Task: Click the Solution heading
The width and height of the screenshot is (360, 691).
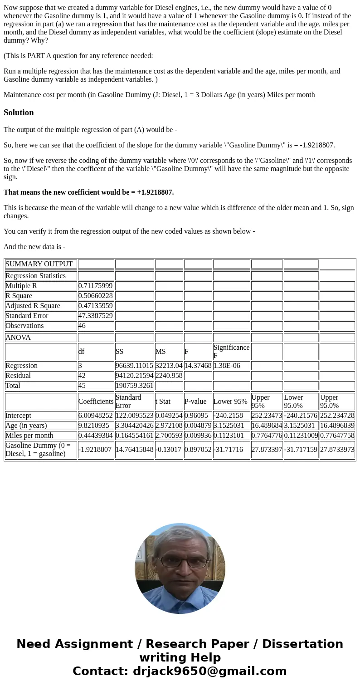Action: click(19, 113)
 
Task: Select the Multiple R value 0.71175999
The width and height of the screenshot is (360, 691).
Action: click(95, 286)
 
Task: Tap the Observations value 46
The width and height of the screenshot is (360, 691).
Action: click(82, 326)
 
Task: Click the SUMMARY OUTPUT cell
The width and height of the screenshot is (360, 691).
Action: click(39, 264)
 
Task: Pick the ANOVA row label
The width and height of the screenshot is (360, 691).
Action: click(18, 338)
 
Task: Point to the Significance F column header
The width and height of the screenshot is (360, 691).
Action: click(231, 352)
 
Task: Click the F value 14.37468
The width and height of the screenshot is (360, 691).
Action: click(198, 366)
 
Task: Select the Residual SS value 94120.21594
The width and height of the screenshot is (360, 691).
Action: click(134, 376)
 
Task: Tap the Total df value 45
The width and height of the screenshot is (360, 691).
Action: click(82, 386)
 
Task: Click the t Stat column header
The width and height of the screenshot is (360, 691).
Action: click(163, 402)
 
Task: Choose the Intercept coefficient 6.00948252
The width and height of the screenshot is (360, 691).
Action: click(95, 416)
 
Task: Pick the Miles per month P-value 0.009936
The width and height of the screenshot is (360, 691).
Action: click(198, 436)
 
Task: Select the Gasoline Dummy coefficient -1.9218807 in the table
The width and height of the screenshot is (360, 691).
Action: click(95, 450)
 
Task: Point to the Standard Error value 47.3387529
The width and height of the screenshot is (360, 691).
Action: click(95, 316)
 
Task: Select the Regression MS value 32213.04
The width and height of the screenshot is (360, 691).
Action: click(169, 366)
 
